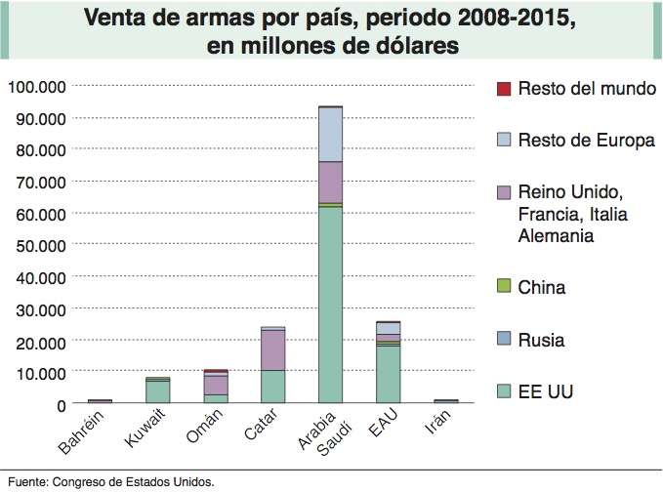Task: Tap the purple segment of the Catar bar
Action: pyautogui.click(x=273, y=349)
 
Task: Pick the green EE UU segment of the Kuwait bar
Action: pyautogui.click(x=158, y=390)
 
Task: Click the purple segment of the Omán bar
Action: pyautogui.click(x=216, y=385)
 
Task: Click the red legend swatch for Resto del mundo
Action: pyautogui.click(x=504, y=89)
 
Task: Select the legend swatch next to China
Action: pyautogui.click(x=504, y=286)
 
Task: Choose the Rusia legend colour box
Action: pyautogui.click(x=504, y=340)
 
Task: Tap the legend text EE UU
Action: pyautogui.click(x=546, y=392)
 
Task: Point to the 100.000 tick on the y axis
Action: pyautogui.click(x=36, y=86)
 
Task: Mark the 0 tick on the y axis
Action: pyautogui.click(x=61, y=403)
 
